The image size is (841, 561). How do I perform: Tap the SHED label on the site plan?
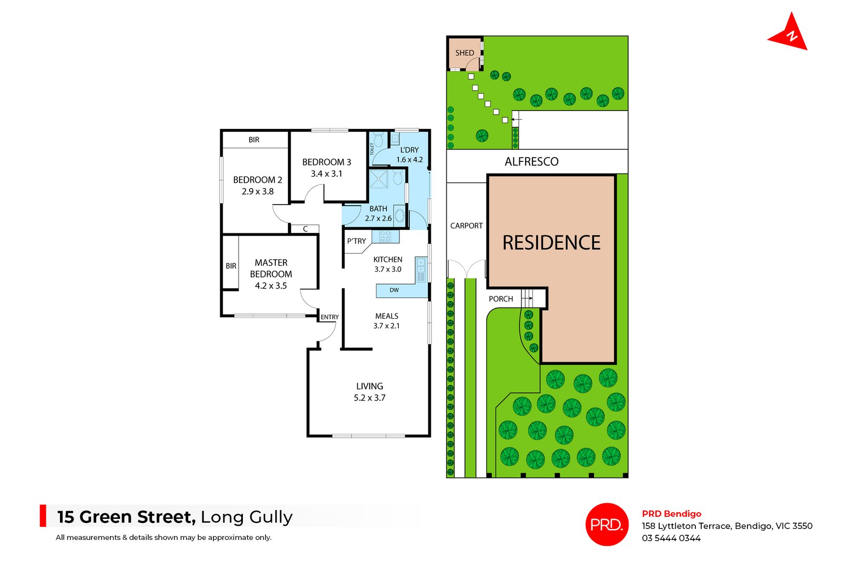[x=465, y=53]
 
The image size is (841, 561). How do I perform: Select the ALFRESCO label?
[x=531, y=161]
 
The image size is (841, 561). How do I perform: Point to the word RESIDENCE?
[x=551, y=242]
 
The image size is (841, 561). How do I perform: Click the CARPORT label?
[x=466, y=226]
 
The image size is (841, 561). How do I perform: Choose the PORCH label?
[x=500, y=299]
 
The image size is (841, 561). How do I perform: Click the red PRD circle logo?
[x=607, y=524]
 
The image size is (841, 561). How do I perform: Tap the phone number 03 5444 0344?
[x=671, y=538]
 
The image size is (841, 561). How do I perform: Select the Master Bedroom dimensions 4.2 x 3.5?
[x=271, y=286]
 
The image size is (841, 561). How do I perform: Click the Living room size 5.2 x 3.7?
[x=370, y=398]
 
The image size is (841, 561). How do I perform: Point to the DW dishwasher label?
[x=394, y=290]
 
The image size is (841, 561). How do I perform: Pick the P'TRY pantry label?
[x=356, y=241]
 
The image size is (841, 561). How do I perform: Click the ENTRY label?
[x=330, y=317]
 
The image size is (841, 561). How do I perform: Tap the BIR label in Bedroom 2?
[x=254, y=140]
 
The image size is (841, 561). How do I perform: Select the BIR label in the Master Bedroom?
[x=231, y=266]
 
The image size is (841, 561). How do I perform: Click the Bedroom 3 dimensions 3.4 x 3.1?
[x=326, y=174]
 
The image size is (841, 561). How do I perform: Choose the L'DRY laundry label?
[x=409, y=150]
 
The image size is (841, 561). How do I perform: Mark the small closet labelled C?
[x=305, y=229]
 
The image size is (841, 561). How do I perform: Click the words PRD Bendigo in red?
[x=671, y=514]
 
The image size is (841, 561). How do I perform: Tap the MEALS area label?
[x=386, y=316]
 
